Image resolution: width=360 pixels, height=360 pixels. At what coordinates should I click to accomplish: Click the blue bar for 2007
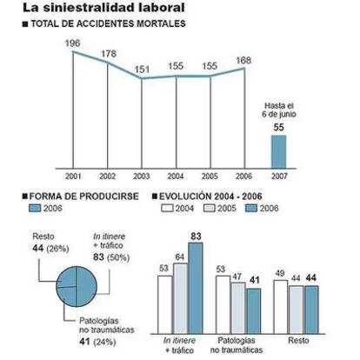[278, 151]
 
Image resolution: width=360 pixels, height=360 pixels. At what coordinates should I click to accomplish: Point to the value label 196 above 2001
[72, 43]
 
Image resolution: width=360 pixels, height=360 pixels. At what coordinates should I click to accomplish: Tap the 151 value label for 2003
[142, 70]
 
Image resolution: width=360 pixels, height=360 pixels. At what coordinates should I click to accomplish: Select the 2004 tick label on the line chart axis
[176, 176]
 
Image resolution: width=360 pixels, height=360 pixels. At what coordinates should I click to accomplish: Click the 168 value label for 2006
[243, 61]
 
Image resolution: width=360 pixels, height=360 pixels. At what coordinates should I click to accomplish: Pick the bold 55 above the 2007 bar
[278, 127]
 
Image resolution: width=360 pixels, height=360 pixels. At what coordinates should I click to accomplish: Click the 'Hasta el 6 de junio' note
[279, 110]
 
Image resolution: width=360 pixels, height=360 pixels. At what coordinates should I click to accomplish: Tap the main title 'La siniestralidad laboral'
[103, 8]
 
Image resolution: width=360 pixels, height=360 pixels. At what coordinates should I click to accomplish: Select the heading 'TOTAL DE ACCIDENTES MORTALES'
[108, 23]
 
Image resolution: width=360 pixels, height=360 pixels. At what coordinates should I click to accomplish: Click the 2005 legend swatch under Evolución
[210, 208]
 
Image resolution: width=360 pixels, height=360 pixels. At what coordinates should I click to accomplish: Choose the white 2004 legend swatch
[167, 208]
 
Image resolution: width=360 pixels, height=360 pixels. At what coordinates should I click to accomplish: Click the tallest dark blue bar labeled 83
[196, 288]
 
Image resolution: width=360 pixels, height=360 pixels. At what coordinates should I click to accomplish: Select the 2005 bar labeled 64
[180, 298]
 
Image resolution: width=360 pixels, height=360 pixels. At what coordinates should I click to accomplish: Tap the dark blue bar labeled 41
[254, 311]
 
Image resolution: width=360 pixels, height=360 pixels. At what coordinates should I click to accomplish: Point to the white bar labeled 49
[281, 307]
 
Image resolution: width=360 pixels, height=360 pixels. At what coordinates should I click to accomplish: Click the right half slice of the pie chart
[86, 286]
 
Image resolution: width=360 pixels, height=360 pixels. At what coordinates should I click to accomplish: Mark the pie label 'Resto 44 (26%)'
[50, 243]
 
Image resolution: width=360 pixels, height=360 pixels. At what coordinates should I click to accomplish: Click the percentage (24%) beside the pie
[104, 343]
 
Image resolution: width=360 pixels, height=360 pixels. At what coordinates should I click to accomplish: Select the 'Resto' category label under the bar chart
[298, 340]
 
